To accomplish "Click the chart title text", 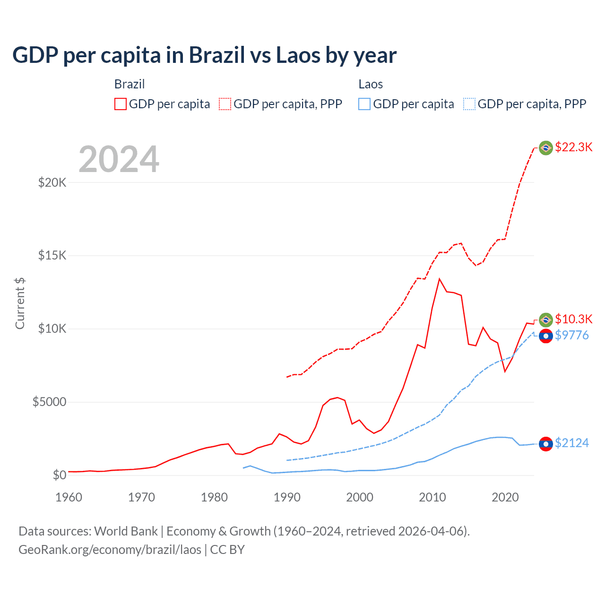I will [204, 55].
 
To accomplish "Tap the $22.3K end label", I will [573, 147].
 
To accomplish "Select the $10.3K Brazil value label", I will [573, 319].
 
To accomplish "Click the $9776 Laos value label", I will [571, 335].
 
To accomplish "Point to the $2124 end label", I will [571, 443].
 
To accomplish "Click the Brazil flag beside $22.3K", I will [546, 148].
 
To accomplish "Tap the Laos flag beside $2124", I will [546, 444].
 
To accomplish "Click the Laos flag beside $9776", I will [546, 336].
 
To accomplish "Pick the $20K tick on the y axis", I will [52, 182].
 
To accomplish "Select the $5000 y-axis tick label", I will [49, 402].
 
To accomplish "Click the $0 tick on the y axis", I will [59, 475].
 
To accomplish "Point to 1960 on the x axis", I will [69, 497].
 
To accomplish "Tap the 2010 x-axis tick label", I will [432, 497].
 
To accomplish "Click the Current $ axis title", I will [20, 303].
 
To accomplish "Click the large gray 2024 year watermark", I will [119, 159].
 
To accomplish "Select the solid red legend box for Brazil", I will [121, 104].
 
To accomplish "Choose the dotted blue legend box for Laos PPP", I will [469, 104].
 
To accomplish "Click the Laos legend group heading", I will [371, 84].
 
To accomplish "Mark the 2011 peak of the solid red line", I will [440, 279].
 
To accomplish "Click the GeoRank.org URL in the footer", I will [110, 550].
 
